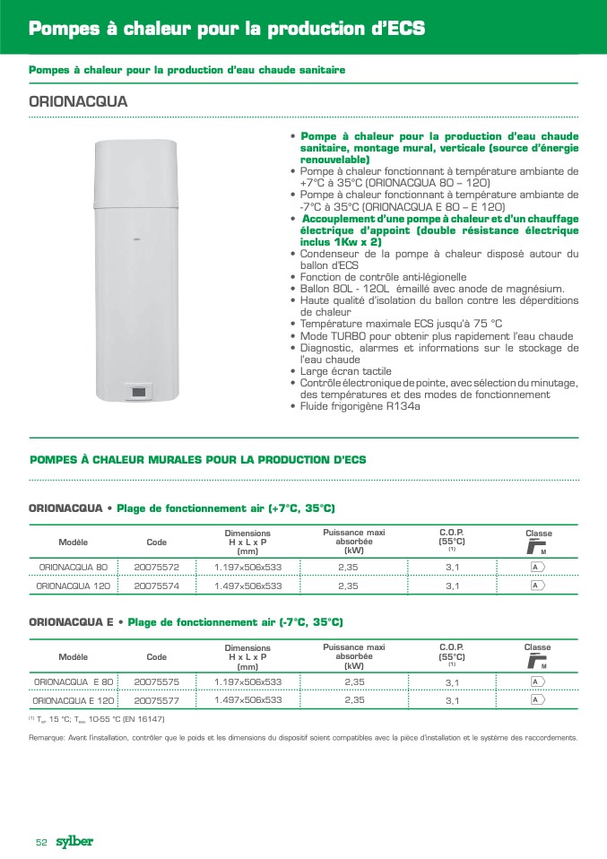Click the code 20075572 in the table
(x=156, y=567)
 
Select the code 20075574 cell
(x=156, y=586)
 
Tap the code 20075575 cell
(x=156, y=681)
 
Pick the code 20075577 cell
(x=156, y=700)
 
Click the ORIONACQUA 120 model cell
(x=73, y=586)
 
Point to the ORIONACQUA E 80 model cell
(x=73, y=681)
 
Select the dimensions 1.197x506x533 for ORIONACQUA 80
(x=247, y=567)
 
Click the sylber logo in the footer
(x=74, y=841)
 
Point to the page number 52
(x=41, y=842)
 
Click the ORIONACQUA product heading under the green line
(x=78, y=101)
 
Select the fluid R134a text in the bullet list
(x=403, y=406)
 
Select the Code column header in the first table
(x=156, y=542)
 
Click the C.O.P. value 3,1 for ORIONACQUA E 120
(x=452, y=700)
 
